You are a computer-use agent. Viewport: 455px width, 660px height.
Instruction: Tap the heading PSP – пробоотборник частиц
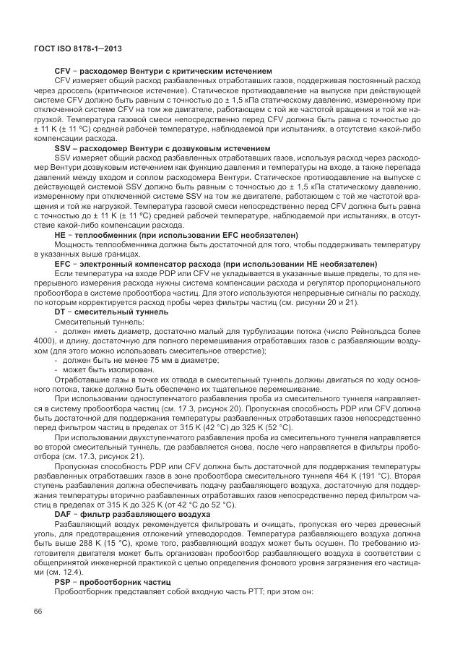tap(112, 580)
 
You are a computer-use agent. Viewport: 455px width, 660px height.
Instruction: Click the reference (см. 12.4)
tap(63, 571)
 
